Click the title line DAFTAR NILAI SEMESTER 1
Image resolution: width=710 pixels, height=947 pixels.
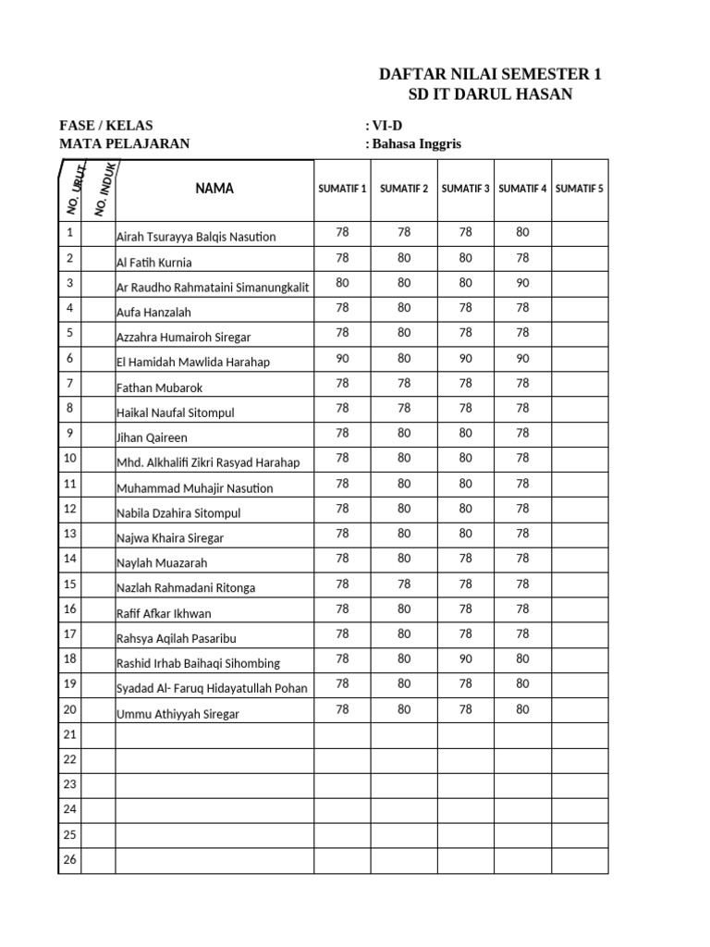coord(484,75)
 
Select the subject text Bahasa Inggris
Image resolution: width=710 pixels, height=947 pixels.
coord(417,143)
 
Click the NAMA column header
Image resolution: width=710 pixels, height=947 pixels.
coord(214,189)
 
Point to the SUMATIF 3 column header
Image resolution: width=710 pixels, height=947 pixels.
coord(466,189)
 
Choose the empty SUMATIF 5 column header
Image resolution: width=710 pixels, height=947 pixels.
coord(580,189)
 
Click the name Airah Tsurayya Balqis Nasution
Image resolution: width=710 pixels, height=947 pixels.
coord(196,237)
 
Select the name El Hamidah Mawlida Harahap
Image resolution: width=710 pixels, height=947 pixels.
coord(193,363)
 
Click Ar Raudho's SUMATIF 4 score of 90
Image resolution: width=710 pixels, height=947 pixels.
coord(522,283)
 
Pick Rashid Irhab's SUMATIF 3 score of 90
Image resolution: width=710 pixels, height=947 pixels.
coord(466,659)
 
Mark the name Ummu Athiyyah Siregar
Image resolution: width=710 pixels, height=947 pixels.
coord(177,714)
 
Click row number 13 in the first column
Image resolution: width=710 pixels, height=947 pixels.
coord(69,533)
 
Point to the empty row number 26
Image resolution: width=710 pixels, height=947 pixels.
coord(69,859)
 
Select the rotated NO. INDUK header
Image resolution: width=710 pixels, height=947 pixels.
coord(104,189)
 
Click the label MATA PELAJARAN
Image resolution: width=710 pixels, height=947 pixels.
coord(124,143)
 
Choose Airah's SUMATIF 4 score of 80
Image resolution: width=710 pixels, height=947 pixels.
coord(522,232)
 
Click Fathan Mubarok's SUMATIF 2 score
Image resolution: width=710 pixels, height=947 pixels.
coord(404,383)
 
